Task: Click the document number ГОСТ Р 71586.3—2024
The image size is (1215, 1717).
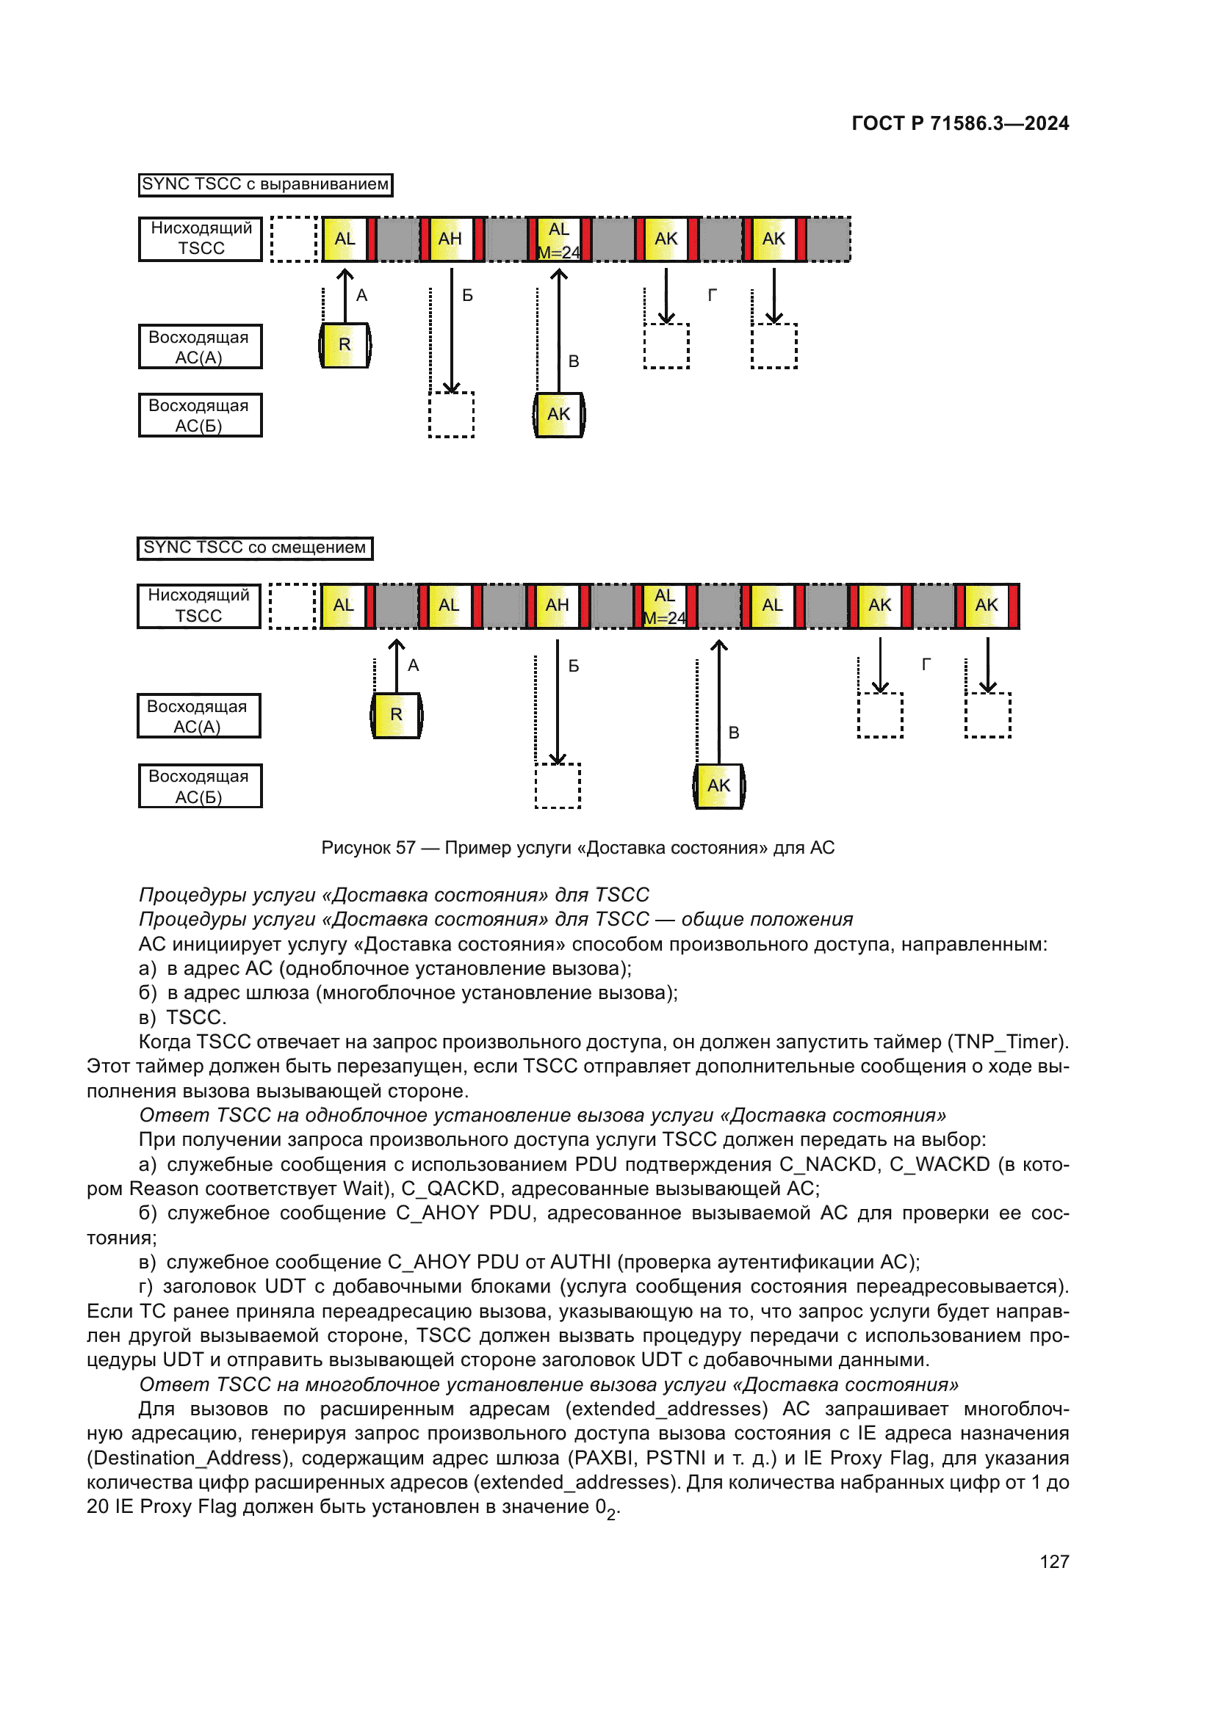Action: click(960, 123)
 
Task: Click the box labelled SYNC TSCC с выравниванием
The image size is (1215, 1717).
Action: click(266, 185)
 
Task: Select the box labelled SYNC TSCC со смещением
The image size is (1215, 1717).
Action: click(254, 548)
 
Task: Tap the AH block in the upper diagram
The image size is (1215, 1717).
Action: click(450, 239)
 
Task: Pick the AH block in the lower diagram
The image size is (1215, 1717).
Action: click(557, 605)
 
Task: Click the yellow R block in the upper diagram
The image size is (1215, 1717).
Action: click(345, 345)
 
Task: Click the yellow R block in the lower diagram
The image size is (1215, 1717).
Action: click(397, 715)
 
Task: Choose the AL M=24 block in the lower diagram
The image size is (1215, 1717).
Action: click(664, 606)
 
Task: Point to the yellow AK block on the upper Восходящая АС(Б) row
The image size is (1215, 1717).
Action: click(559, 414)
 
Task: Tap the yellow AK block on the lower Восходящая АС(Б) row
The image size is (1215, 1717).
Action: click(718, 785)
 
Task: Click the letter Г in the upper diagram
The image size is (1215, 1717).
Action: click(712, 295)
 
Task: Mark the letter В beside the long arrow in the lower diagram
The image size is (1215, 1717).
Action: click(734, 733)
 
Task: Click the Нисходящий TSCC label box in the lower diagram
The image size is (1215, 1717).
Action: click(199, 606)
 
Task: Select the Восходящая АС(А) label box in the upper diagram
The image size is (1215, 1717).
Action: click(200, 347)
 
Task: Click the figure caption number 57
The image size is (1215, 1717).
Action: click(405, 847)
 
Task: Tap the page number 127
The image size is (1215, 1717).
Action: click(1053, 1561)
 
